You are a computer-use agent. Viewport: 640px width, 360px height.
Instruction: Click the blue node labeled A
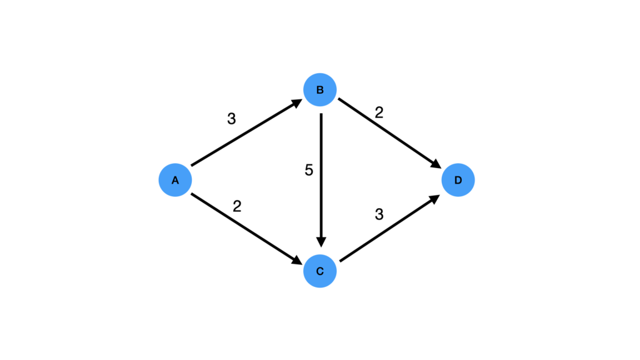175,181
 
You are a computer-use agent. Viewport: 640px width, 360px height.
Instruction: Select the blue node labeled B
320,90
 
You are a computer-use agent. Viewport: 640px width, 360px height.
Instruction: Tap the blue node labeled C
320,271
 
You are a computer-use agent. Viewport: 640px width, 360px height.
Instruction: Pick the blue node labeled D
458,181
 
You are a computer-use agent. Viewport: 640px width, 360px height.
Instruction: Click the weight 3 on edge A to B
231,119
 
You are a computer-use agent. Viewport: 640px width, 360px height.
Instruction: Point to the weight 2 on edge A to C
237,206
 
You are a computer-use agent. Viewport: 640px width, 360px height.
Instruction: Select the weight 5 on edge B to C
309,170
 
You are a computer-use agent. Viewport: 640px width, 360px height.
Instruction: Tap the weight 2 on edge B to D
379,112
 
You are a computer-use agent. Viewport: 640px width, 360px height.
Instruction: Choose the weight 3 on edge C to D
379,214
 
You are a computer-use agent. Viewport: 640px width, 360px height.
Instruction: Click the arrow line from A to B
244,136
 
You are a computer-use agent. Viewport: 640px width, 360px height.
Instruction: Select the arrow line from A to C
244,226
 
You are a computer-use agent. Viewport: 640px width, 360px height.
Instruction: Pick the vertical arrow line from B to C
321,175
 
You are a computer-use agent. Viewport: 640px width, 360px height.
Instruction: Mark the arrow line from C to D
387,229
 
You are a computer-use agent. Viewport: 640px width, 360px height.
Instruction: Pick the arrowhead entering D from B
436,164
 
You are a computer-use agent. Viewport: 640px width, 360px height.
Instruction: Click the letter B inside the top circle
320,90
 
